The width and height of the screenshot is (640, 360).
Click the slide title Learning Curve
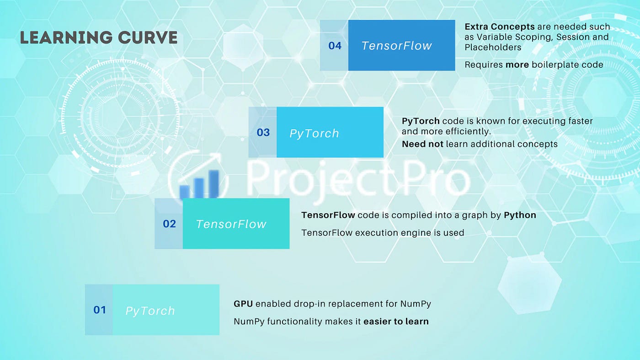pyautogui.click(x=99, y=38)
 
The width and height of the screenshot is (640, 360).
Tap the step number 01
pyautogui.click(x=100, y=310)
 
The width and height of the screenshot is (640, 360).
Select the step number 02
pyautogui.click(x=170, y=224)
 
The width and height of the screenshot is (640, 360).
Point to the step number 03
pyautogui.click(x=263, y=132)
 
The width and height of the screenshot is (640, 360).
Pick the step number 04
pyautogui.click(x=335, y=46)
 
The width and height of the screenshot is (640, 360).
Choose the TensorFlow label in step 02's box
pyautogui.click(x=231, y=224)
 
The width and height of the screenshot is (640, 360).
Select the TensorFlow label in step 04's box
pyautogui.click(x=397, y=46)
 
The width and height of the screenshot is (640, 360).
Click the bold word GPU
pyautogui.click(x=243, y=304)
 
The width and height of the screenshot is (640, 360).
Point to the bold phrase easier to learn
pyautogui.click(x=396, y=322)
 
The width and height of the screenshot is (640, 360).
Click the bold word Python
pyautogui.click(x=520, y=215)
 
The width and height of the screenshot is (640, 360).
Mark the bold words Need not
pyautogui.click(x=422, y=144)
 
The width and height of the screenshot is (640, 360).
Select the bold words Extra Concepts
pyautogui.click(x=500, y=27)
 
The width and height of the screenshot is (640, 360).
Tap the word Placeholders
pyautogui.click(x=493, y=47)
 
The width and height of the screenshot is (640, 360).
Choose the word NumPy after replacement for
pyautogui.click(x=416, y=304)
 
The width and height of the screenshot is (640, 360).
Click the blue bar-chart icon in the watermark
pyautogui.click(x=199, y=184)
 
